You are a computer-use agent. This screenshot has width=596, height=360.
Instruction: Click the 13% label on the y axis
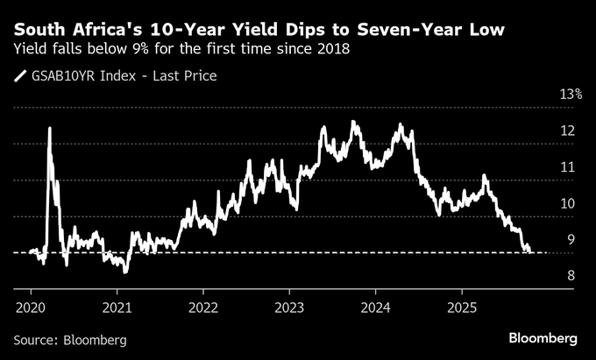(571, 95)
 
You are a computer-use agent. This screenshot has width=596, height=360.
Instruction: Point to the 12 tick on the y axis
(569, 131)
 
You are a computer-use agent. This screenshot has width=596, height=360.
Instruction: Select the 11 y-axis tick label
(569, 167)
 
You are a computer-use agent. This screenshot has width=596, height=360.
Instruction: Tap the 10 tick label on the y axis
(569, 204)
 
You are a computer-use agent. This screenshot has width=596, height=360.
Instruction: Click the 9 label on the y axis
(571, 240)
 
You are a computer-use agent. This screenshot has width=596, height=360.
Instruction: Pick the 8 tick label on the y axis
(571, 277)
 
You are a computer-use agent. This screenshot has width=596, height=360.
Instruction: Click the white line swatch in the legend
(21, 76)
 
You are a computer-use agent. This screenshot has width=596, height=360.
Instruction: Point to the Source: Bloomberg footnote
(70, 339)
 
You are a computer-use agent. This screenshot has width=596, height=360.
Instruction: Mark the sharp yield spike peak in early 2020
(49, 128)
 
